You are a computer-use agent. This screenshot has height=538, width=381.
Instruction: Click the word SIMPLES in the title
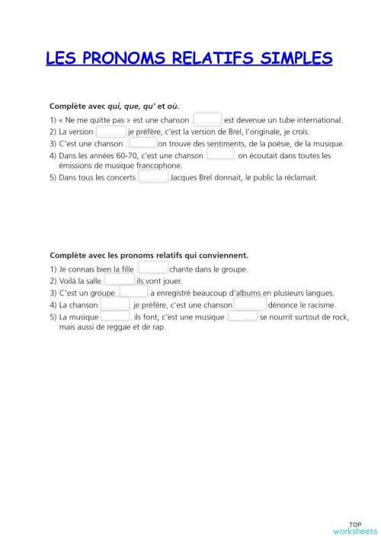point(291,59)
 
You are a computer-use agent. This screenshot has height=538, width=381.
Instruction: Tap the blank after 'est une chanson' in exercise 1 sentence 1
point(207,119)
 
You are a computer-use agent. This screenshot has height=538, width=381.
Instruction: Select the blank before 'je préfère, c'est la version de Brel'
point(111,131)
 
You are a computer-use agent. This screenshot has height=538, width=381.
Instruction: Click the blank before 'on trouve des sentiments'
point(142,142)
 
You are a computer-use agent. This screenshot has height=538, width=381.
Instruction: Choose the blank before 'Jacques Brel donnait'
point(153,177)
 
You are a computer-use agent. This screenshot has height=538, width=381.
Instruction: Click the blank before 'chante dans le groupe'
point(153,268)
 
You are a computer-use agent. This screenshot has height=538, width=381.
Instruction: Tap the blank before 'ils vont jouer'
point(120,280)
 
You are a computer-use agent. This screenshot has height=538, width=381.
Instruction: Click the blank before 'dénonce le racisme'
point(250,304)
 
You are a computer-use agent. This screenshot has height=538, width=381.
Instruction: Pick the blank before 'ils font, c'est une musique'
point(115,315)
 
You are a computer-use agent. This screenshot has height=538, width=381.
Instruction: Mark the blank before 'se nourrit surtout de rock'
point(242,315)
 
